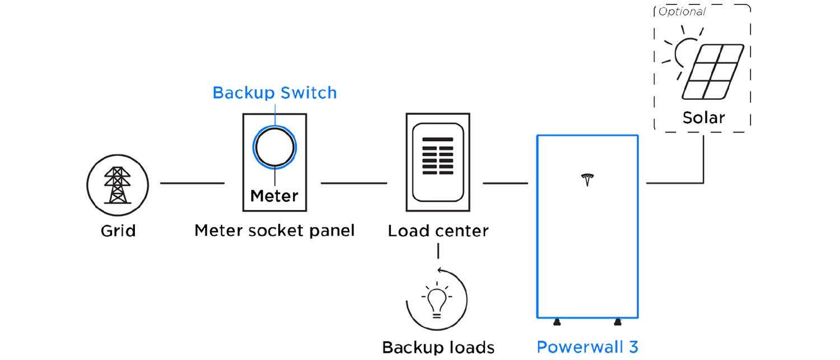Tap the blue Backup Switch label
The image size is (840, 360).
point(274,93)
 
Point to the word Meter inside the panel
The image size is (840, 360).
point(274,196)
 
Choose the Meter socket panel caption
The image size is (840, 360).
point(274,231)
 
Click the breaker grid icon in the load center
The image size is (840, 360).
point(437,157)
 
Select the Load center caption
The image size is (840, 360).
point(438,231)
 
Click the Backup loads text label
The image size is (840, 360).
point(438,347)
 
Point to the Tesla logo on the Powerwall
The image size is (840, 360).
point(587,180)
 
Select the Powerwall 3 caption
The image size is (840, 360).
point(587,347)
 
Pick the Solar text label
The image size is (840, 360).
point(704,118)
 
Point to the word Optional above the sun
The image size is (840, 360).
point(683,10)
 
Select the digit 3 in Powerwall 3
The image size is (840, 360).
point(632,347)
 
